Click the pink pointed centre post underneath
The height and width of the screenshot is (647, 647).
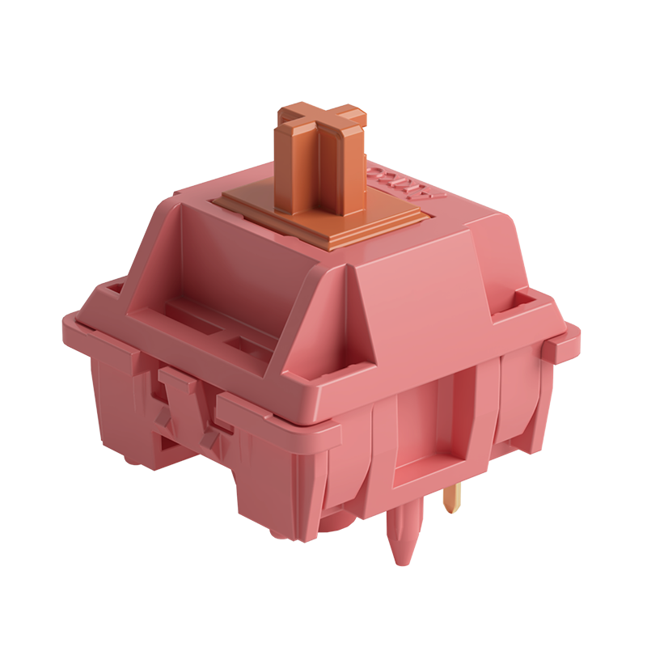point(402,534)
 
